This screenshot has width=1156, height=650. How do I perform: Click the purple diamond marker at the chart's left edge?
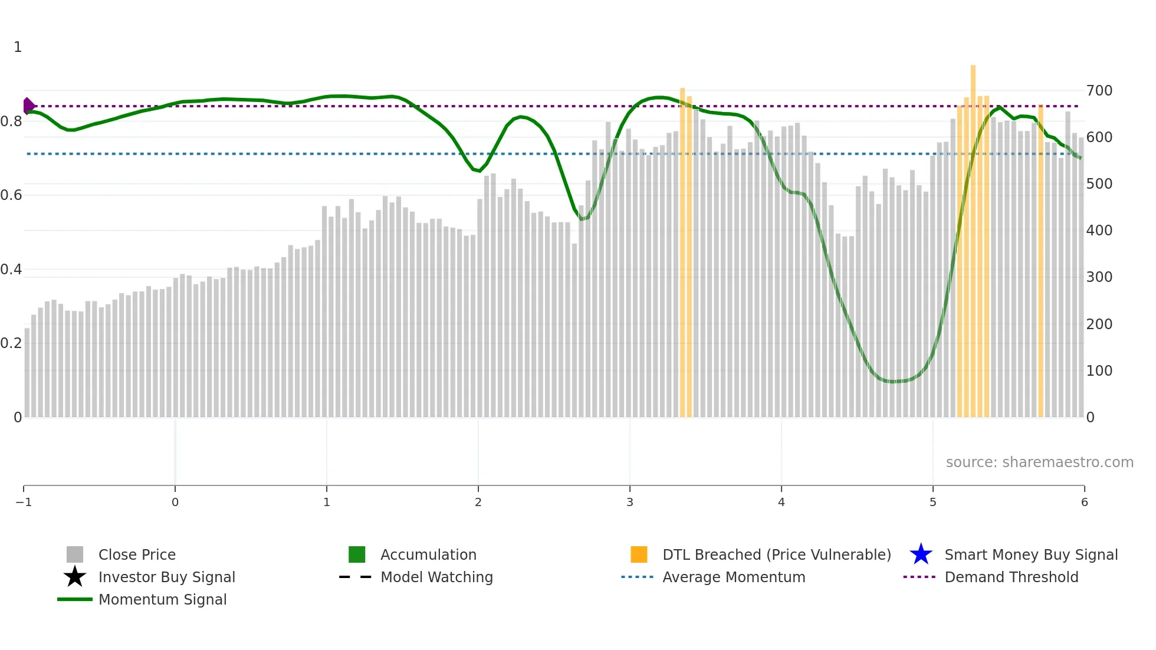click(28, 106)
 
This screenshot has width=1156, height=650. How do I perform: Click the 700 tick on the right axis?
click(1099, 91)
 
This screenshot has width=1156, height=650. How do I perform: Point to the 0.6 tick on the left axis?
click(11, 195)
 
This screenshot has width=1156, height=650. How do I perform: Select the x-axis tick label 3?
click(629, 503)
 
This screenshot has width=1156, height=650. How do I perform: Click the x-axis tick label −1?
click(24, 503)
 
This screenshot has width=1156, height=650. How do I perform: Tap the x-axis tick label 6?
click(1084, 503)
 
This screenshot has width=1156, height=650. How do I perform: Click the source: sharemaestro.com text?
click(1039, 462)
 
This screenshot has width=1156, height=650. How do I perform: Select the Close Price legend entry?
click(137, 555)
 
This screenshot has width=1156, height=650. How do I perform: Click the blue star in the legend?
click(921, 554)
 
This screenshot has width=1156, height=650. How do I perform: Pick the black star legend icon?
click(75, 577)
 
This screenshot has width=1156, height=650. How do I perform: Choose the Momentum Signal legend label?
click(162, 600)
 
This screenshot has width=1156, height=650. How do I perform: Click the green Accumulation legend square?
click(357, 554)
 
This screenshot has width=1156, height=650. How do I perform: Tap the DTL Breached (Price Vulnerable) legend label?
click(776, 555)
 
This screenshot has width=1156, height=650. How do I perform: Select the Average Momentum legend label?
click(734, 577)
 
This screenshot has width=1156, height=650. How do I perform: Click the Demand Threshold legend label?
click(1011, 577)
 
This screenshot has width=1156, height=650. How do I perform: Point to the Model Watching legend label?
click(436, 577)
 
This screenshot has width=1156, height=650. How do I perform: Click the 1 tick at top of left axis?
click(18, 47)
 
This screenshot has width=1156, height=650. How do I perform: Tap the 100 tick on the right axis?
click(1099, 371)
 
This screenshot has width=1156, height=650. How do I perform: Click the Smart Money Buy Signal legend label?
click(1031, 555)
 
